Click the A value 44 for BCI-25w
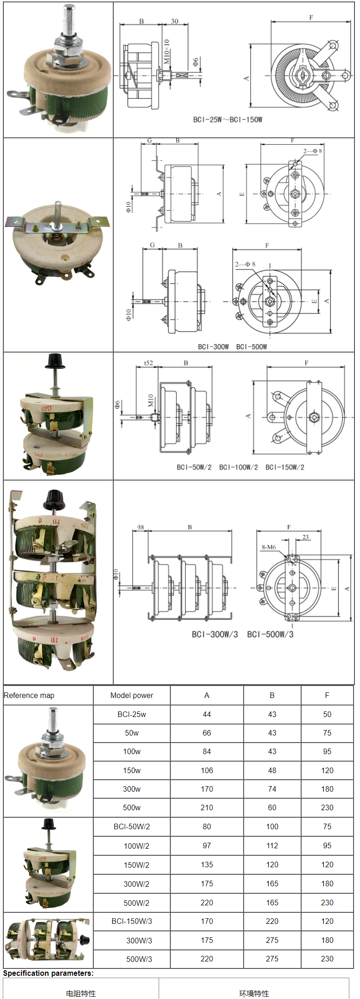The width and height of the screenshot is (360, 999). click(x=207, y=714)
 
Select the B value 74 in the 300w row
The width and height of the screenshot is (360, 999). click(x=272, y=789)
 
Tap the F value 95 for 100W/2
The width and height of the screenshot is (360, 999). click(x=327, y=845)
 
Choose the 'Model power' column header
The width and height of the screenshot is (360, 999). click(x=132, y=695)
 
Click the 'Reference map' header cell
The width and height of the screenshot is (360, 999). click(x=29, y=695)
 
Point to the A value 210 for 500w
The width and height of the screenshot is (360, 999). click(x=207, y=807)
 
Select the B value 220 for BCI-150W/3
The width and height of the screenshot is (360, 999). click(x=272, y=921)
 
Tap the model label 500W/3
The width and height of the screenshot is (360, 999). click(x=139, y=959)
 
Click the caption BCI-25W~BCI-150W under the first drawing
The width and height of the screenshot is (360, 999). click(x=228, y=120)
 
